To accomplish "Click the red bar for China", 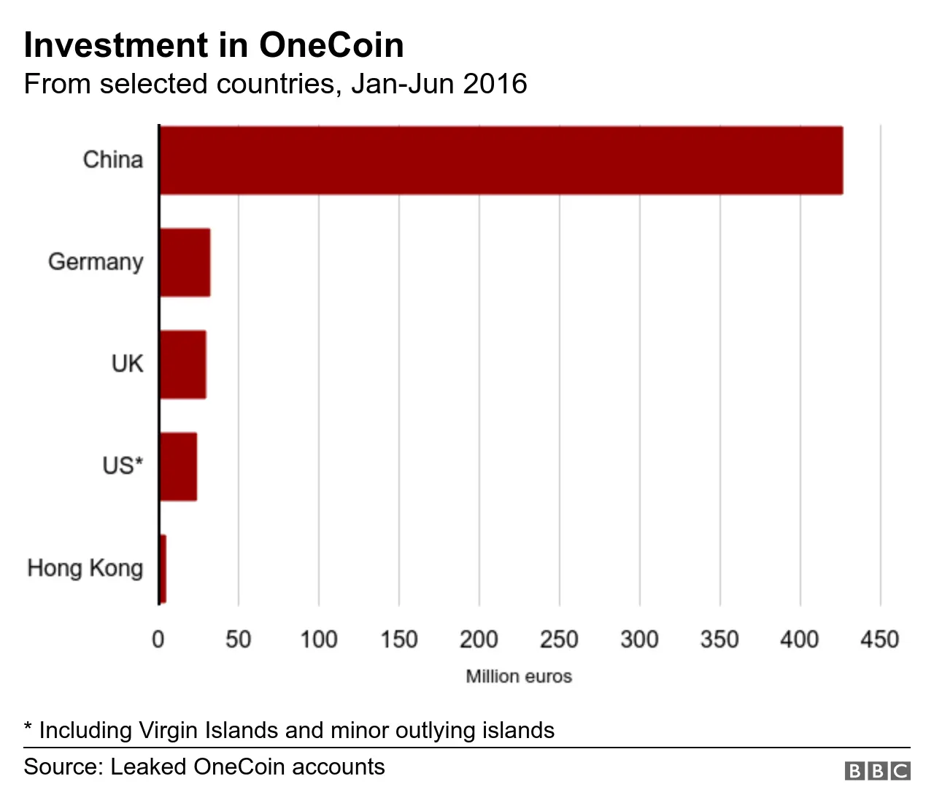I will (x=501, y=160).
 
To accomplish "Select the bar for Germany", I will (x=185, y=263).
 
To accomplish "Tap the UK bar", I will (x=182, y=365).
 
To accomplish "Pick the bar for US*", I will (x=178, y=467).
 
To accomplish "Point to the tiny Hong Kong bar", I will (x=163, y=569).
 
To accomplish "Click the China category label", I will (x=113, y=160).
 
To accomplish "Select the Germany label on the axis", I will (x=96, y=262).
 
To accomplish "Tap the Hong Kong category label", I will (x=85, y=568).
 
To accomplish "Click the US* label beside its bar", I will (x=123, y=465).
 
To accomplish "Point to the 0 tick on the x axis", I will (x=158, y=640).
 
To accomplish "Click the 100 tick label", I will (x=319, y=640).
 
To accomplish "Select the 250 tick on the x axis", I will (x=559, y=640).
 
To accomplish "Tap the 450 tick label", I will (x=879, y=640).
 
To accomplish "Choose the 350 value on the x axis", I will (x=719, y=640).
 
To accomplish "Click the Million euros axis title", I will (x=519, y=677).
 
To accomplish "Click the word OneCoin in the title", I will (x=331, y=45).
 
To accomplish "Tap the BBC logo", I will (x=878, y=771).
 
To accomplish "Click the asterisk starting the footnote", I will (x=28, y=729).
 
